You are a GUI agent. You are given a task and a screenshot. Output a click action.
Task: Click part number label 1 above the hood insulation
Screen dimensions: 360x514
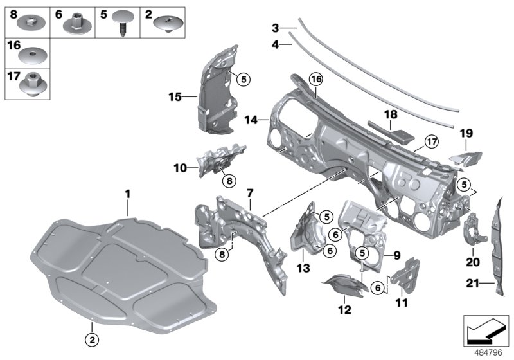coord(127,192)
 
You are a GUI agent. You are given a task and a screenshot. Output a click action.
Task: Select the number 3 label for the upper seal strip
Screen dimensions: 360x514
coord(275,28)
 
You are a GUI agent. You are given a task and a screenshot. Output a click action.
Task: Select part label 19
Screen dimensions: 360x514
coord(466,134)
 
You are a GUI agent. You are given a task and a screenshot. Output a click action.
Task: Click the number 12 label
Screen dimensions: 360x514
coord(345,310)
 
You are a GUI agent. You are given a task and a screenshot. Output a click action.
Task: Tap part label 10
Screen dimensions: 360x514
coord(179,168)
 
